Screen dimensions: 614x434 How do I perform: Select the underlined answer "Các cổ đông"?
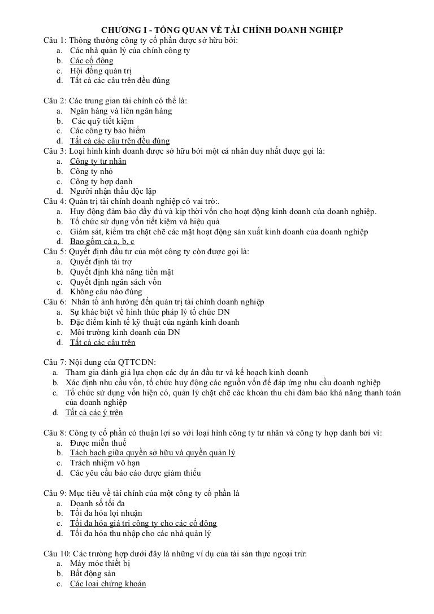tap(92, 60)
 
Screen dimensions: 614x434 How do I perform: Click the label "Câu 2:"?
tap(55, 101)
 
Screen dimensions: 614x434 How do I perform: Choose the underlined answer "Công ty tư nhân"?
tap(98, 161)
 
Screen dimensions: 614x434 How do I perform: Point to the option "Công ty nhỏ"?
tap(91, 171)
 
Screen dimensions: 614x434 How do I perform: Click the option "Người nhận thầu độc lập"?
tap(113, 191)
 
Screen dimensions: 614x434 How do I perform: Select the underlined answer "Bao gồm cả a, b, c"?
tap(102, 242)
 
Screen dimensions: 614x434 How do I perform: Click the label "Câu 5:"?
tap(55, 251)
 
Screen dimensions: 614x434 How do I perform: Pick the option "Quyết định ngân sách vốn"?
tap(115, 282)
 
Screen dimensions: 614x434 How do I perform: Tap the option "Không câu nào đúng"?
tap(106, 292)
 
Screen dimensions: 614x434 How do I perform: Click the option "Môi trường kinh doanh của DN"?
tap(125, 332)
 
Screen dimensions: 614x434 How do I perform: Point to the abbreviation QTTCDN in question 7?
tap(135, 362)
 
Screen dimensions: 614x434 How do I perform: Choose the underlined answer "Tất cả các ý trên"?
tap(94, 412)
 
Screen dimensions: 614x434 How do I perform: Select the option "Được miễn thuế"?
tap(98, 443)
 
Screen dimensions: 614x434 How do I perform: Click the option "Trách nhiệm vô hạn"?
tap(105, 463)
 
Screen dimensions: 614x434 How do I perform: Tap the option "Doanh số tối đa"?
tap(97, 503)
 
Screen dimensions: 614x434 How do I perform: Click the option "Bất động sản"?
tap(93, 573)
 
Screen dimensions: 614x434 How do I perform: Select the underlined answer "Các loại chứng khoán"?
tap(108, 583)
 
